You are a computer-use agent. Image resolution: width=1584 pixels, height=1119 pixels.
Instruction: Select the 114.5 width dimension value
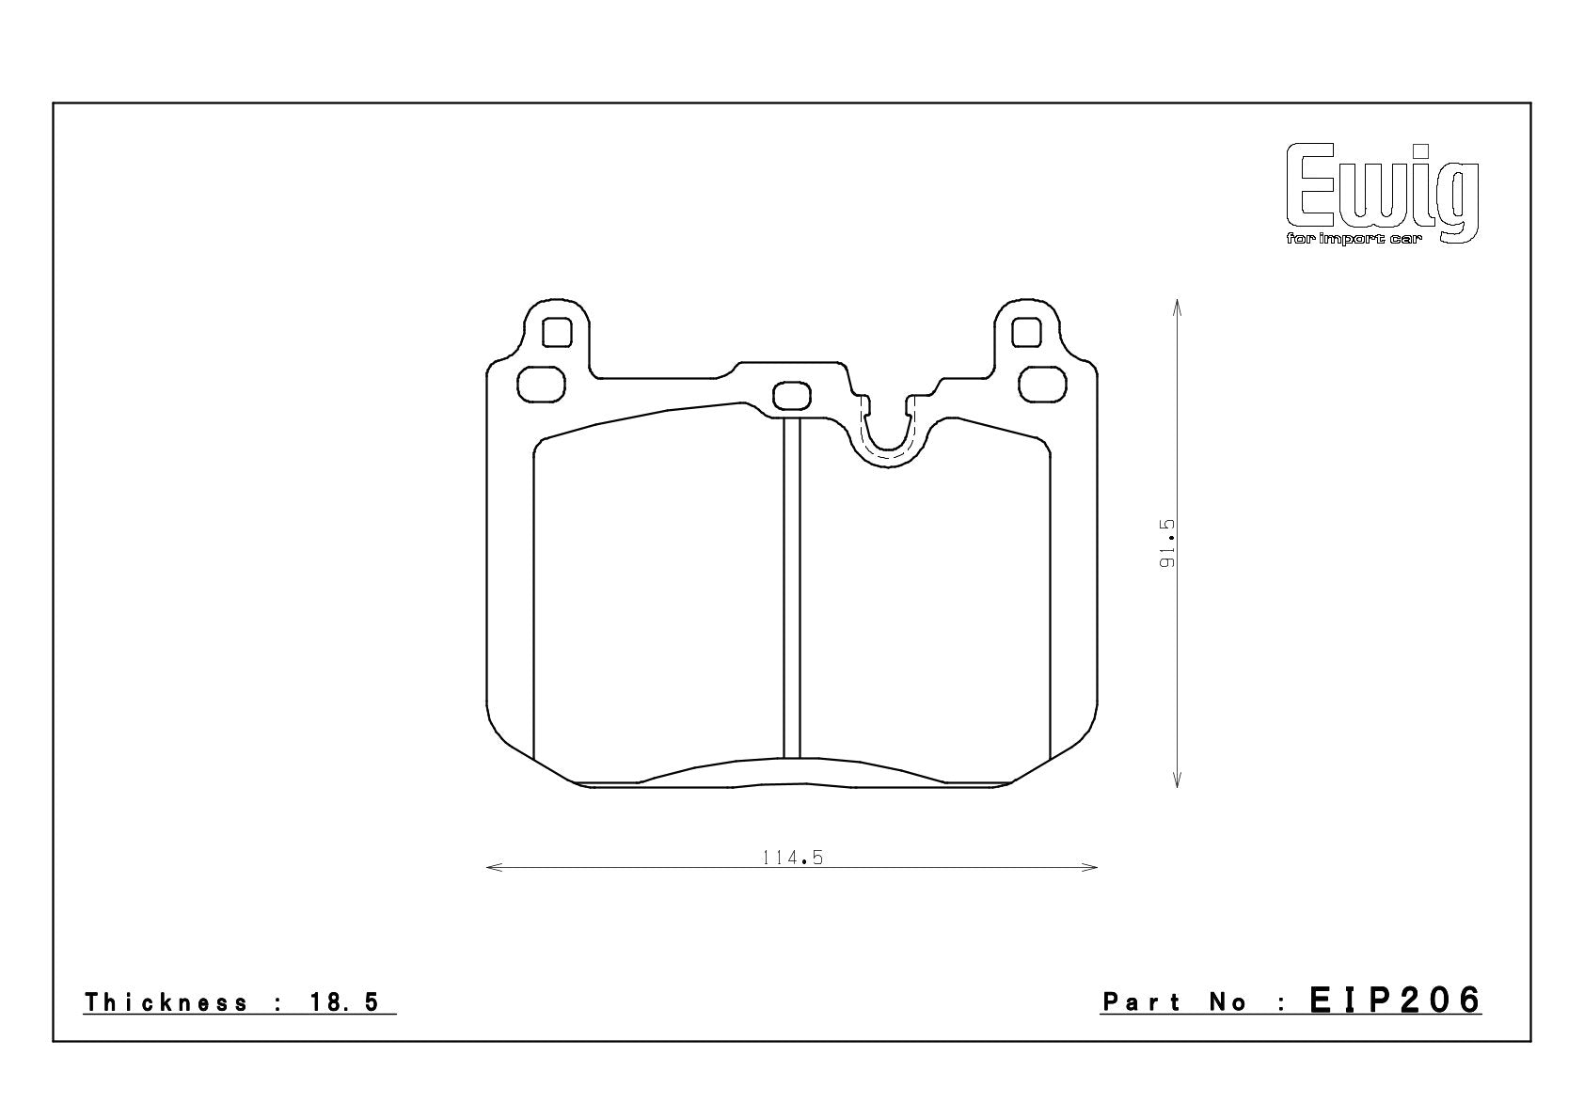(793, 858)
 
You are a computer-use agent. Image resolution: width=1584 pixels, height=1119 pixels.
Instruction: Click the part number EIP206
(1395, 1001)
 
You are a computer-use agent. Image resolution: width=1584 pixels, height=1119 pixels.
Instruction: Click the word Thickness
(166, 1001)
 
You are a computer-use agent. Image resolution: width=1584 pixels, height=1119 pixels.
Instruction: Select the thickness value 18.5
(344, 1001)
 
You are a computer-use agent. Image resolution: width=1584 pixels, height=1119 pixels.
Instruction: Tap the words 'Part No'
(1175, 1001)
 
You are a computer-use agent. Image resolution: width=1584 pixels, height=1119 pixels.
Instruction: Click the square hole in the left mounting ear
(557, 332)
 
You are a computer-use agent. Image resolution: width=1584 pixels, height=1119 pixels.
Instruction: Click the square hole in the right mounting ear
(1026, 332)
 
